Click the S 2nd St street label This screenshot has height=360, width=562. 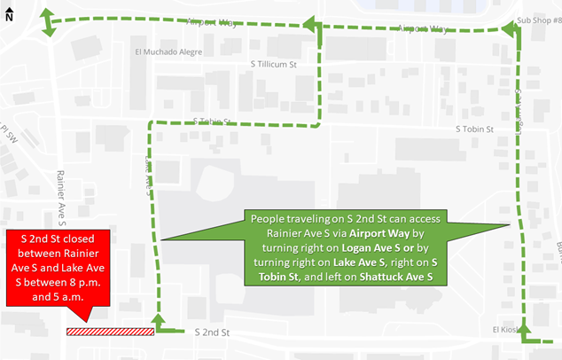(x=212, y=333)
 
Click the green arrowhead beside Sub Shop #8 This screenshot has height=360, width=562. (x=511, y=31)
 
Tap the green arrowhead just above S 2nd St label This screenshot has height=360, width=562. (x=160, y=319)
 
